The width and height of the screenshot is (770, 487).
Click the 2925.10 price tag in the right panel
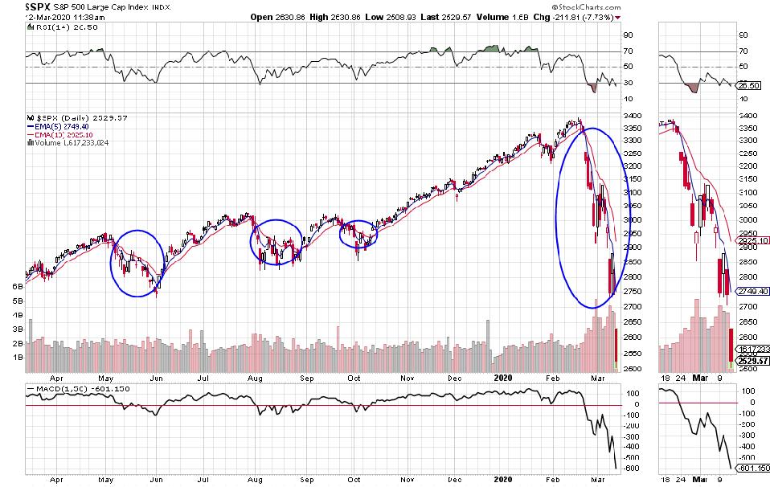[754, 239]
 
